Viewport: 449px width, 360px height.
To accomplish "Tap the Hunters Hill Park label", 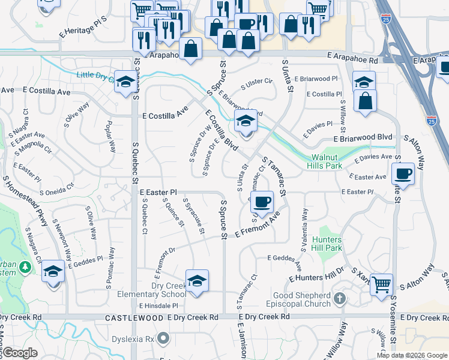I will (327, 244).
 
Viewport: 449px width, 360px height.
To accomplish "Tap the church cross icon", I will (340, 298).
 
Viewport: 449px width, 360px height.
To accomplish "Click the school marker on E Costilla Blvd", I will (245, 122).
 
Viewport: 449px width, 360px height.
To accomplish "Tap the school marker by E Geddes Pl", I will (53, 273).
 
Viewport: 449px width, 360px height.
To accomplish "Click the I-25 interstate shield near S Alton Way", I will (430, 121).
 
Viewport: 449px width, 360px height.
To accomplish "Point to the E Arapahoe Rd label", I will (352, 61).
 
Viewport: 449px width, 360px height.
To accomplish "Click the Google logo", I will (20, 353).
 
